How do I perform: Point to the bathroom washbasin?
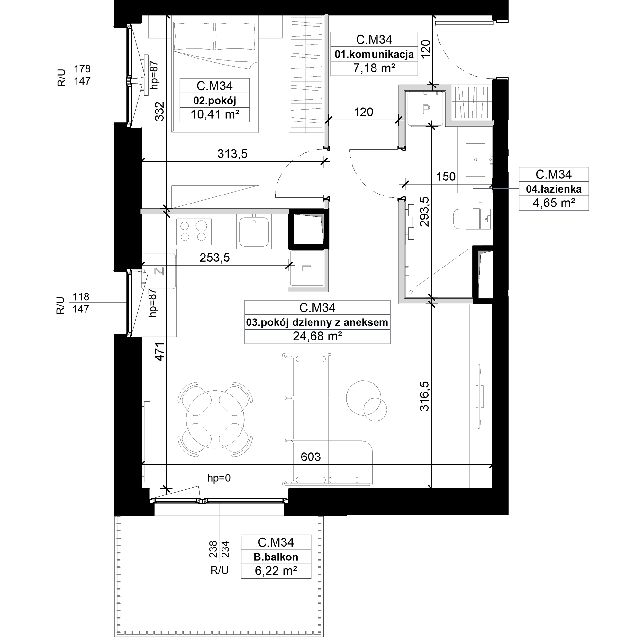click(x=475, y=160)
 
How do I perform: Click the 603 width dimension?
click(x=311, y=457)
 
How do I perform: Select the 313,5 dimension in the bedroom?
click(x=232, y=154)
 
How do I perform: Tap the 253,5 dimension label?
click(x=215, y=258)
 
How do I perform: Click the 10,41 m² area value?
click(x=215, y=114)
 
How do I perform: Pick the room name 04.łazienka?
click(x=554, y=189)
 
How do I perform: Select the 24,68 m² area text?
click(x=317, y=336)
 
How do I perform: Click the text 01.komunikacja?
click(x=374, y=54)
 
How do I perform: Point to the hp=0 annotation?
click(x=219, y=478)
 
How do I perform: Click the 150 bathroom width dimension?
click(x=446, y=177)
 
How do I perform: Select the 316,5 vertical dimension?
click(x=425, y=396)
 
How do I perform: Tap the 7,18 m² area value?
click(x=374, y=68)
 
